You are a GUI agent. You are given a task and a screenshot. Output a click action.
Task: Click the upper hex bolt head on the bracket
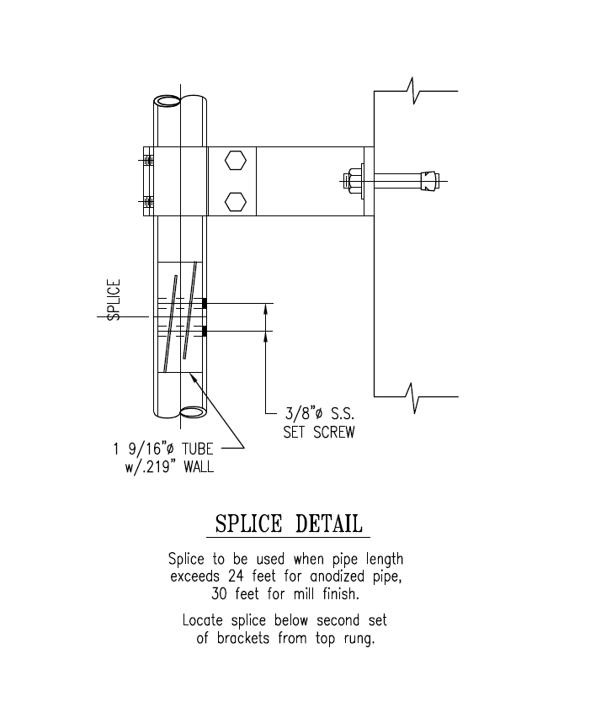237,161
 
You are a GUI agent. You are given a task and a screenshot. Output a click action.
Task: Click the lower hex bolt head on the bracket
237,201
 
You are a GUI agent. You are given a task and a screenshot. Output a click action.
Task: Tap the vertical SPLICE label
114,300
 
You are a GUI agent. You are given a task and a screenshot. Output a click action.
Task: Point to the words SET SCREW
318,433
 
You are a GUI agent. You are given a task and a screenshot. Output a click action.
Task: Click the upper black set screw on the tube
205,303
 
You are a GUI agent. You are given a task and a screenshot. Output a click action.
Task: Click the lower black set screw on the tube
205,331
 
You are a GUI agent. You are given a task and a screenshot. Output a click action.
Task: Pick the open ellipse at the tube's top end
168,101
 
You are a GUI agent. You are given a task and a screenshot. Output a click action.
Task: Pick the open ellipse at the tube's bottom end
193,412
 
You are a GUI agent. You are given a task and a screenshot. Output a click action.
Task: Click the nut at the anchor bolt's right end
430,180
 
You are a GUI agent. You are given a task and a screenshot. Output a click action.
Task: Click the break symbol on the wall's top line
413,90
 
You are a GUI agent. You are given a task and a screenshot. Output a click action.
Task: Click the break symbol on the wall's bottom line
413,396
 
